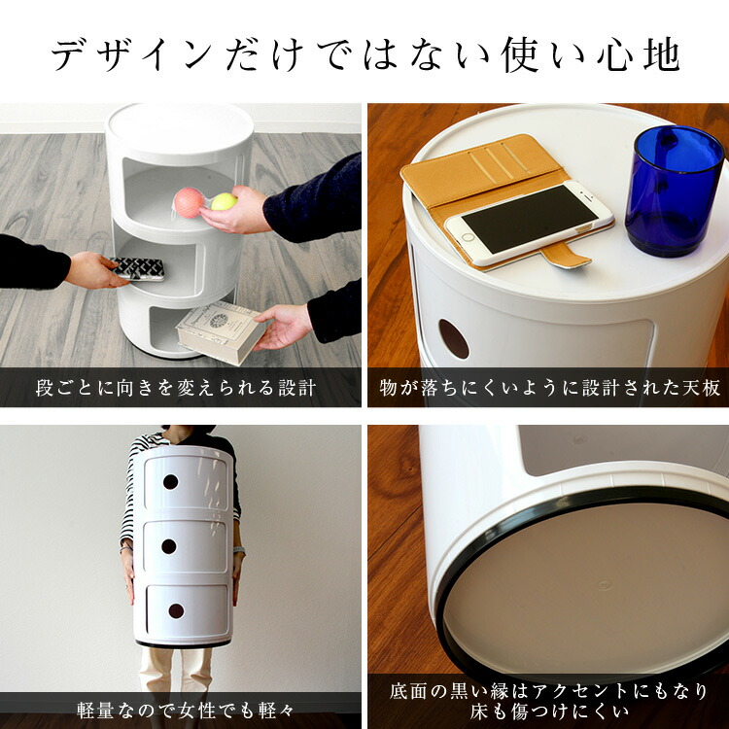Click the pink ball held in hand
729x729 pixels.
(189, 202)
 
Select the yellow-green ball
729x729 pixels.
(224, 202)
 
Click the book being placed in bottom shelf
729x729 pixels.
(220, 330)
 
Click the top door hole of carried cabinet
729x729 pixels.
(170, 482)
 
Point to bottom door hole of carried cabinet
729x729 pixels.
(175, 610)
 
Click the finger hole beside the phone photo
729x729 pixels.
(453, 338)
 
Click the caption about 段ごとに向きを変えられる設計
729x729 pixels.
(176, 388)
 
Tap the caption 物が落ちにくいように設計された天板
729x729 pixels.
(550, 388)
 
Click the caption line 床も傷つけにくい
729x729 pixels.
(550, 713)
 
